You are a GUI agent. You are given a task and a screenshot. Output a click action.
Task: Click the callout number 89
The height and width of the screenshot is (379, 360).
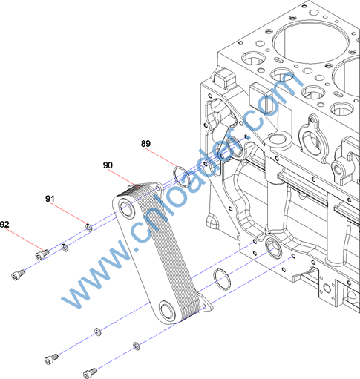pos(145,144)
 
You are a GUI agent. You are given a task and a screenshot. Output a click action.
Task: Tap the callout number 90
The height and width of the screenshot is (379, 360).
pos(108,165)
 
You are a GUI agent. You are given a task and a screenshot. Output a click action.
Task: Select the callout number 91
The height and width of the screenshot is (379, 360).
pos(50,199)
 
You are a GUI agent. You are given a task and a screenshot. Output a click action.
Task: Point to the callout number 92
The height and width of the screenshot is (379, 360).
pos(4,225)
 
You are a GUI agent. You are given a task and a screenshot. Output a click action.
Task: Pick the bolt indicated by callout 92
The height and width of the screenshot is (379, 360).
pos(42,254)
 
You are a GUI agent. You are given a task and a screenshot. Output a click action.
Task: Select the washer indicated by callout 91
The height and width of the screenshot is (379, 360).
pos(89,228)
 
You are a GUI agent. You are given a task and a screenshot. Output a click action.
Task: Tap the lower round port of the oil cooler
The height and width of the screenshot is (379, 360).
pos(167,310)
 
